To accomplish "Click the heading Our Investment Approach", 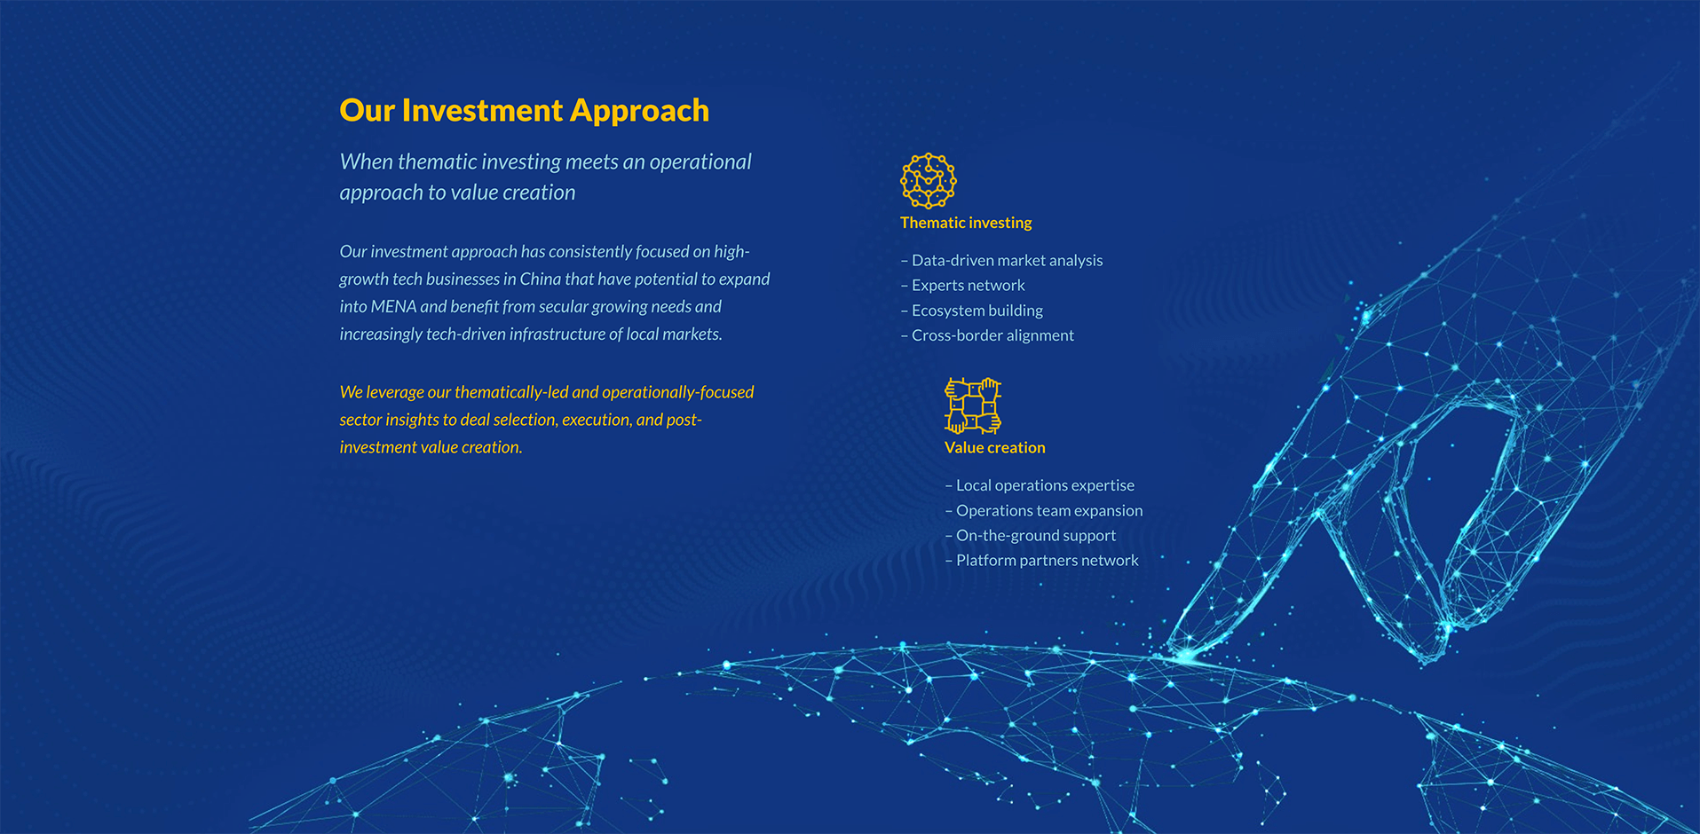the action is tap(524, 111).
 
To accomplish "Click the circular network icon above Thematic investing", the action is tap(928, 180).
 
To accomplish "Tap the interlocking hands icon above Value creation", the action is tap(973, 405).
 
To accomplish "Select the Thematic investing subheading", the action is tap(966, 223).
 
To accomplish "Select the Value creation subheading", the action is tap(995, 448).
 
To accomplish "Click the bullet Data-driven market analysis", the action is tap(1002, 260).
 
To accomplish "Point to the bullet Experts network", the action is tap(963, 285).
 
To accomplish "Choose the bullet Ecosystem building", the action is tap(972, 311).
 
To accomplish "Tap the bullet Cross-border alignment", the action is tap(987, 335).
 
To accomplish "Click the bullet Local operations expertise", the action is tap(1040, 485).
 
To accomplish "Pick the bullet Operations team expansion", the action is tap(1044, 510).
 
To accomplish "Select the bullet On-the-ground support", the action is tap(1031, 535).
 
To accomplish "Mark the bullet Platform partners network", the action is tap(1042, 560).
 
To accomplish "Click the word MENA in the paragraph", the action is tap(393, 307).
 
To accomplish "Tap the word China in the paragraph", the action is tap(540, 279).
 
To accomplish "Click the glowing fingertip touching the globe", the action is tap(1186, 655).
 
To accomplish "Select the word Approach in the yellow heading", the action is tap(639, 111).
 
